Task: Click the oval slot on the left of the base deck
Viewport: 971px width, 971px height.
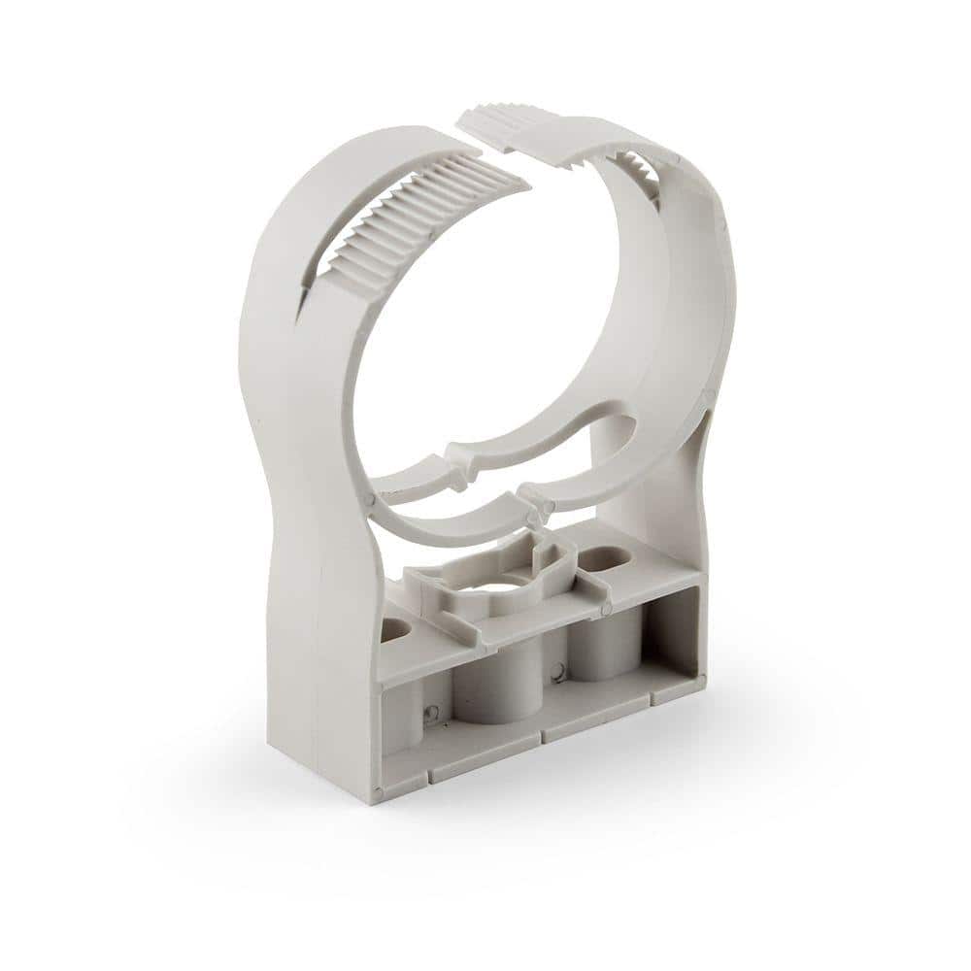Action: coord(394,630)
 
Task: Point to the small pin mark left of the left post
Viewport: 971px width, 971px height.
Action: coord(432,713)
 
